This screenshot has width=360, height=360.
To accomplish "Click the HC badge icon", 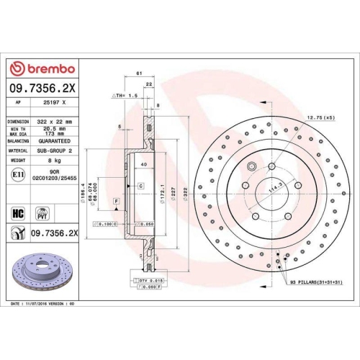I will pyautogui.click(x=18, y=212).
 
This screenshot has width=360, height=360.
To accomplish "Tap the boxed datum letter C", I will pyautogui.click(x=140, y=186).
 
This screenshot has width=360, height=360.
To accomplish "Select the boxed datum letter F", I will pyautogui.click(x=115, y=210).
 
